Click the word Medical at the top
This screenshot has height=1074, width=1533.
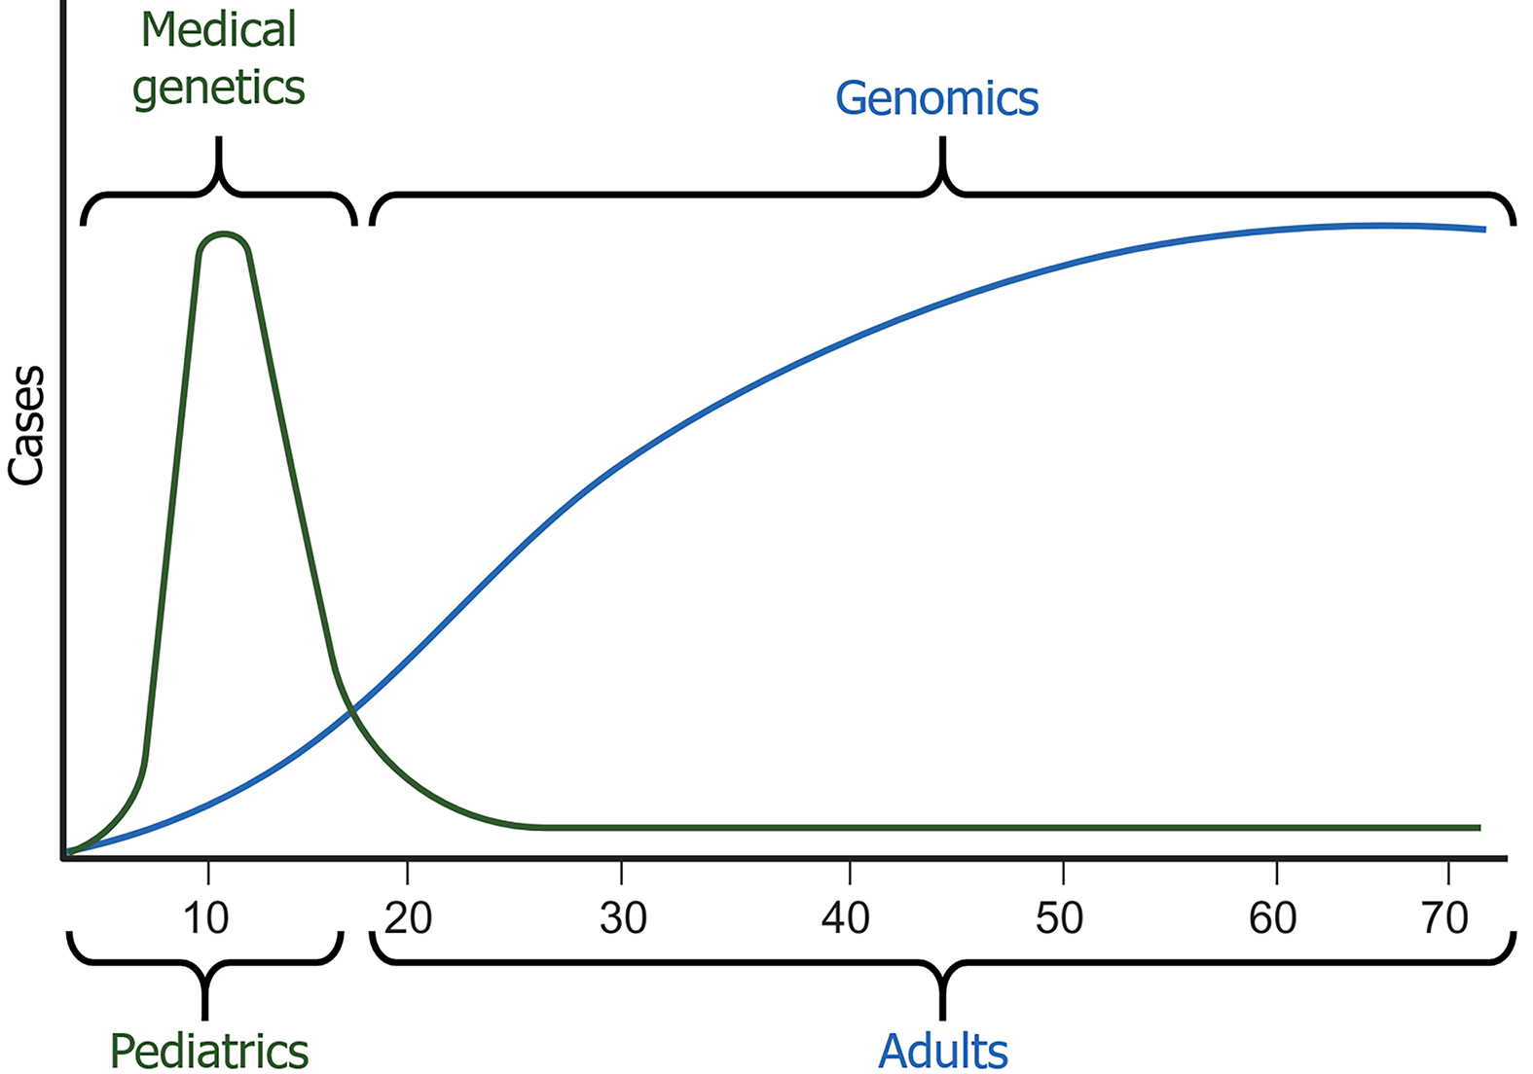pyautogui.click(x=218, y=30)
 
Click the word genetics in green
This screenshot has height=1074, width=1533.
pyautogui.click(x=218, y=89)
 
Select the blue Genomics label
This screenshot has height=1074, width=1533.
pyautogui.click(x=936, y=99)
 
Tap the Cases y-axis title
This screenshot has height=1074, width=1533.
pyautogui.click(x=26, y=425)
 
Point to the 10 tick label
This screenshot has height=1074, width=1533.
pyautogui.click(x=206, y=918)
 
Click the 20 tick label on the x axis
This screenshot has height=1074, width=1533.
pyautogui.click(x=408, y=918)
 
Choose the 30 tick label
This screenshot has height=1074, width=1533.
pyautogui.click(x=623, y=918)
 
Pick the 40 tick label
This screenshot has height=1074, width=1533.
pyautogui.click(x=845, y=918)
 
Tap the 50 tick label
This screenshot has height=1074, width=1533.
pyautogui.click(x=1059, y=918)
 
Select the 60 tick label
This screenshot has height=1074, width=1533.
pyautogui.click(x=1272, y=918)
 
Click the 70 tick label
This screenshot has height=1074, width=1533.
pyautogui.click(x=1444, y=918)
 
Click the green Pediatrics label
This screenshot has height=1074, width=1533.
pyautogui.click(x=208, y=1052)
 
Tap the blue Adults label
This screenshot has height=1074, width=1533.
pyautogui.click(x=942, y=1052)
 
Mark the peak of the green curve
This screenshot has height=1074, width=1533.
pyautogui.click(x=223, y=235)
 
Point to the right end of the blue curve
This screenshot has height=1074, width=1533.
pyautogui.click(x=1484, y=230)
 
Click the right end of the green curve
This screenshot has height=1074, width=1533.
pyautogui.click(x=1479, y=828)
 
